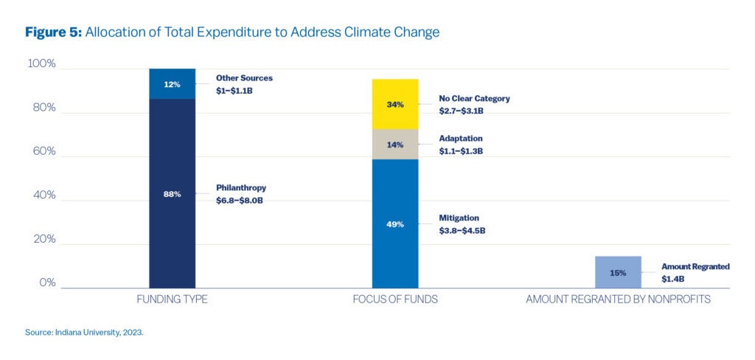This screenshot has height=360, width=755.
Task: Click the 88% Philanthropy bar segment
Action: point(172,193)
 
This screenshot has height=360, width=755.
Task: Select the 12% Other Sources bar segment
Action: point(172,84)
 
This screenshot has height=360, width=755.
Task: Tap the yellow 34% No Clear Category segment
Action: point(395,104)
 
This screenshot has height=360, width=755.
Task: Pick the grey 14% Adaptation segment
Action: point(395,145)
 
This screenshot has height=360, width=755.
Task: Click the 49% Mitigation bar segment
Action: point(395,224)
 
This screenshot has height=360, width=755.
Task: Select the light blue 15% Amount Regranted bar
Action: point(618,272)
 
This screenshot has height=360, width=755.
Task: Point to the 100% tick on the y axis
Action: point(41,64)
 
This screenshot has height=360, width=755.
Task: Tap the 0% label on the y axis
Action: point(46,283)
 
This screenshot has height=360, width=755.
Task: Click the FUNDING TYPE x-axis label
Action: point(172,300)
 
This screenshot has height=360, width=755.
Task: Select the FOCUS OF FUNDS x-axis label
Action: point(395,300)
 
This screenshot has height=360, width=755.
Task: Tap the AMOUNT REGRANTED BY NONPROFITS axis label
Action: point(618,300)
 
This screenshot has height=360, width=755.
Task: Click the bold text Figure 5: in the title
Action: point(52,32)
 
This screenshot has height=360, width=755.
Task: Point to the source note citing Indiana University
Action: point(84,333)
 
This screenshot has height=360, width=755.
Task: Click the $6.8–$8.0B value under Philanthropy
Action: point(240,200)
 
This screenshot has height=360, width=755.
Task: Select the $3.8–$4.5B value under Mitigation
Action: point(462,230)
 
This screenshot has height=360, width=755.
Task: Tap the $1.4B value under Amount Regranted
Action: point(673,279)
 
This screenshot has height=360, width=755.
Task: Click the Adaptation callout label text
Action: point(461,138)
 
